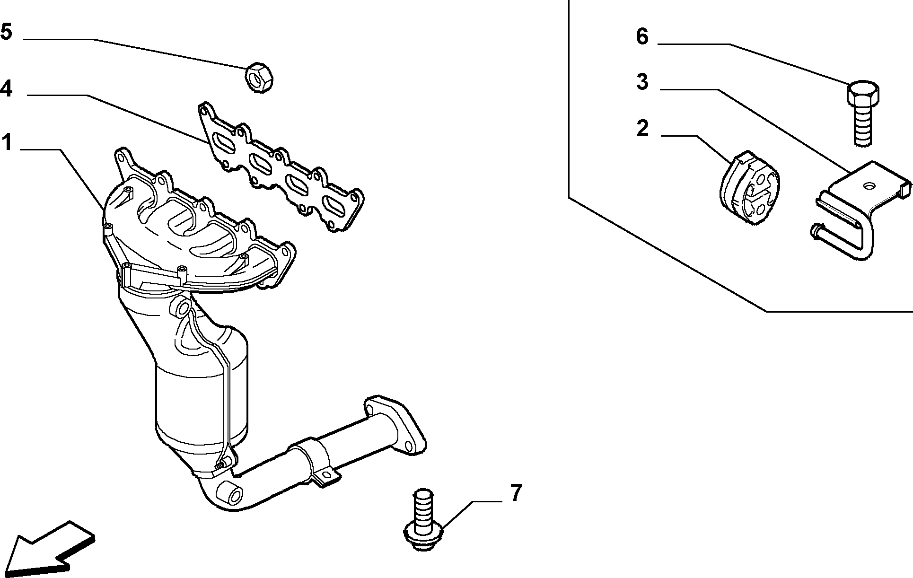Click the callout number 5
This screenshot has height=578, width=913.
[6, 32]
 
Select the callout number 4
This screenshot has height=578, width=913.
[6, 88]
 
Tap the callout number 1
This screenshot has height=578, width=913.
[7, 141]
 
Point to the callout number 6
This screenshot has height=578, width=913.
[642, 36]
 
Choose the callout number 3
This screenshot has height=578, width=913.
[642, 82]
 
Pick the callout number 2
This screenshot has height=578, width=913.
[642, 128]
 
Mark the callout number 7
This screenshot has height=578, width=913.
[515, 493]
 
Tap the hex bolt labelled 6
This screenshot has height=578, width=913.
[862, 113]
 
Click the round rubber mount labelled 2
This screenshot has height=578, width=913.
[750, 188]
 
